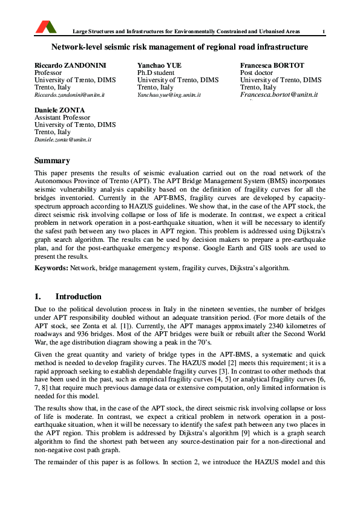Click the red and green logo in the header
tap(46, 27)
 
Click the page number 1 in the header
tap(324, 31)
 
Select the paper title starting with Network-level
tap(180, 47)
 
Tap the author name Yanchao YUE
tap(159, 65)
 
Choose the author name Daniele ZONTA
tap(59, 110)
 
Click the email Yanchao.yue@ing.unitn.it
tap(169, 96)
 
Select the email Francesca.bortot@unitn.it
tap(279, 96)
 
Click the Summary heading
tap(52, 161)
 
